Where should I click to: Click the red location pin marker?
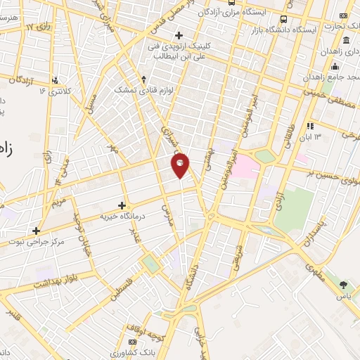coord(181,165)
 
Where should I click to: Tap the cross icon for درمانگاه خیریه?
coord(123,205)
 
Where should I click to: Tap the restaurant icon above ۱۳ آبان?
coord(310,125)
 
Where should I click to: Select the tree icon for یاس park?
coord(343,285)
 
